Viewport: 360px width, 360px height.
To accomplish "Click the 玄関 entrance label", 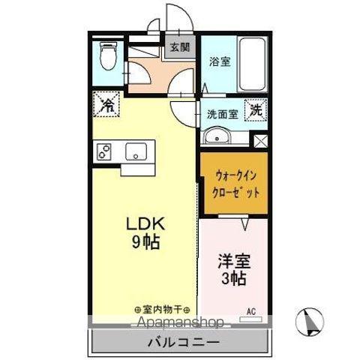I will (x=178, y=47).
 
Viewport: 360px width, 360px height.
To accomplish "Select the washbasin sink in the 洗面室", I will (x=218, y=136).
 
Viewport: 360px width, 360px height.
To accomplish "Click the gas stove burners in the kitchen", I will (x=103, y=151).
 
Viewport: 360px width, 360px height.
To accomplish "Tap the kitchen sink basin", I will (x=136, y=151).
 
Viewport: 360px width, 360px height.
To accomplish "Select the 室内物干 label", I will (x=162, y=308).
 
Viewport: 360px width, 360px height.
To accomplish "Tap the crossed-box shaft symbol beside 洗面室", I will (x=260, y=139).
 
